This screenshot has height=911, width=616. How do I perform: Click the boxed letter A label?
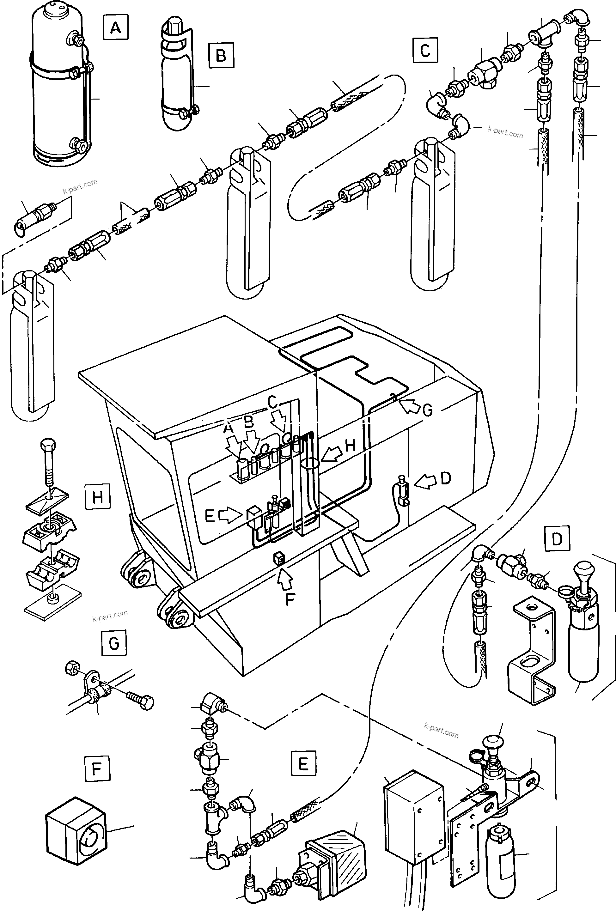pos(115,27)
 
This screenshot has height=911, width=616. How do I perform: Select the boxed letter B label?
pos(221,55)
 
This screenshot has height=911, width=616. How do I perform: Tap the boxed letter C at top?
pos(425,51)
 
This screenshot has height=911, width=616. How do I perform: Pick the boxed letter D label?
pos(557,539)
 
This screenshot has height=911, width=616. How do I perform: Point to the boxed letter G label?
pos(114,643)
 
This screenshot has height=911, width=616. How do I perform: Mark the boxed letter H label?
pos(97,497)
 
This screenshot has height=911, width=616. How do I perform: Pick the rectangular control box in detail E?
pos(412,819)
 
